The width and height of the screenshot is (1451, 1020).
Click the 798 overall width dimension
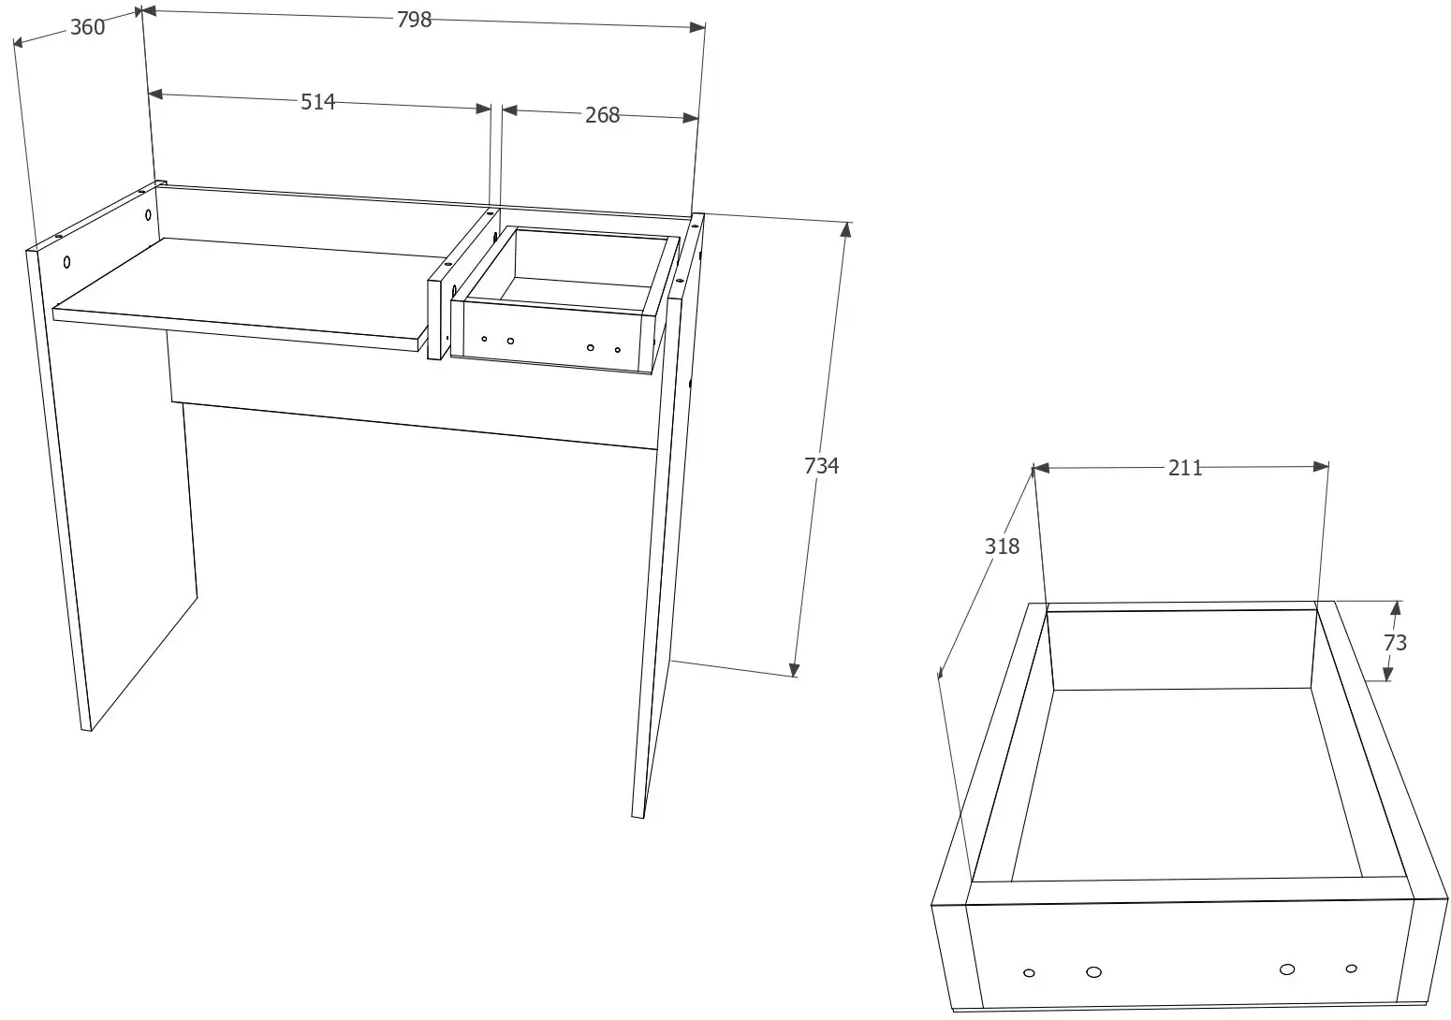(414, 20)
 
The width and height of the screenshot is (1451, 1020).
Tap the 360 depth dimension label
(87, 27)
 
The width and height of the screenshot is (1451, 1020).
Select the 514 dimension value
(317, 102)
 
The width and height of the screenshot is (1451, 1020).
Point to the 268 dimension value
(602, 114)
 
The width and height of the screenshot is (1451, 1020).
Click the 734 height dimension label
(821, 465)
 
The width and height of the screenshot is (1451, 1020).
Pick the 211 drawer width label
(1184, 467)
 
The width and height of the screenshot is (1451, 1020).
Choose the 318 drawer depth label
(1002, 546)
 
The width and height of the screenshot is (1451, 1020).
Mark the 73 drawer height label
(1395, 643)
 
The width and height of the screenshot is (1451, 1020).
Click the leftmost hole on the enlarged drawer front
(1029, 973)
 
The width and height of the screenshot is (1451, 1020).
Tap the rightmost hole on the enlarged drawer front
(1351, 969)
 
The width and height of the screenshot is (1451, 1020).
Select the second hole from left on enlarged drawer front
(1093, 971)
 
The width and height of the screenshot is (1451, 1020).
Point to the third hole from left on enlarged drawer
(1287, 969)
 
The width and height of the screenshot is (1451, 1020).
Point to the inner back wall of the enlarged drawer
(1184, 650)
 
